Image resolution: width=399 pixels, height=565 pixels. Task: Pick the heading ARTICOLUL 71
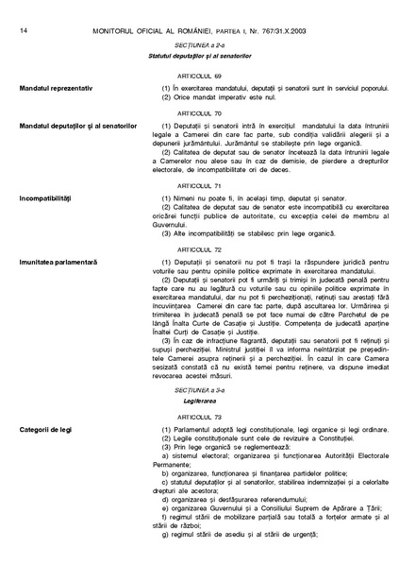click(199, 186)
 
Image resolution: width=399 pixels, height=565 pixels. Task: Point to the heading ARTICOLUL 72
click(199, 249)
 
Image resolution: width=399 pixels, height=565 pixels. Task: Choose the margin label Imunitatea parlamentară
click(58, 262)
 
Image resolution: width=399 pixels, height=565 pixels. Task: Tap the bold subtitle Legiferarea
click(199, 401)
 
